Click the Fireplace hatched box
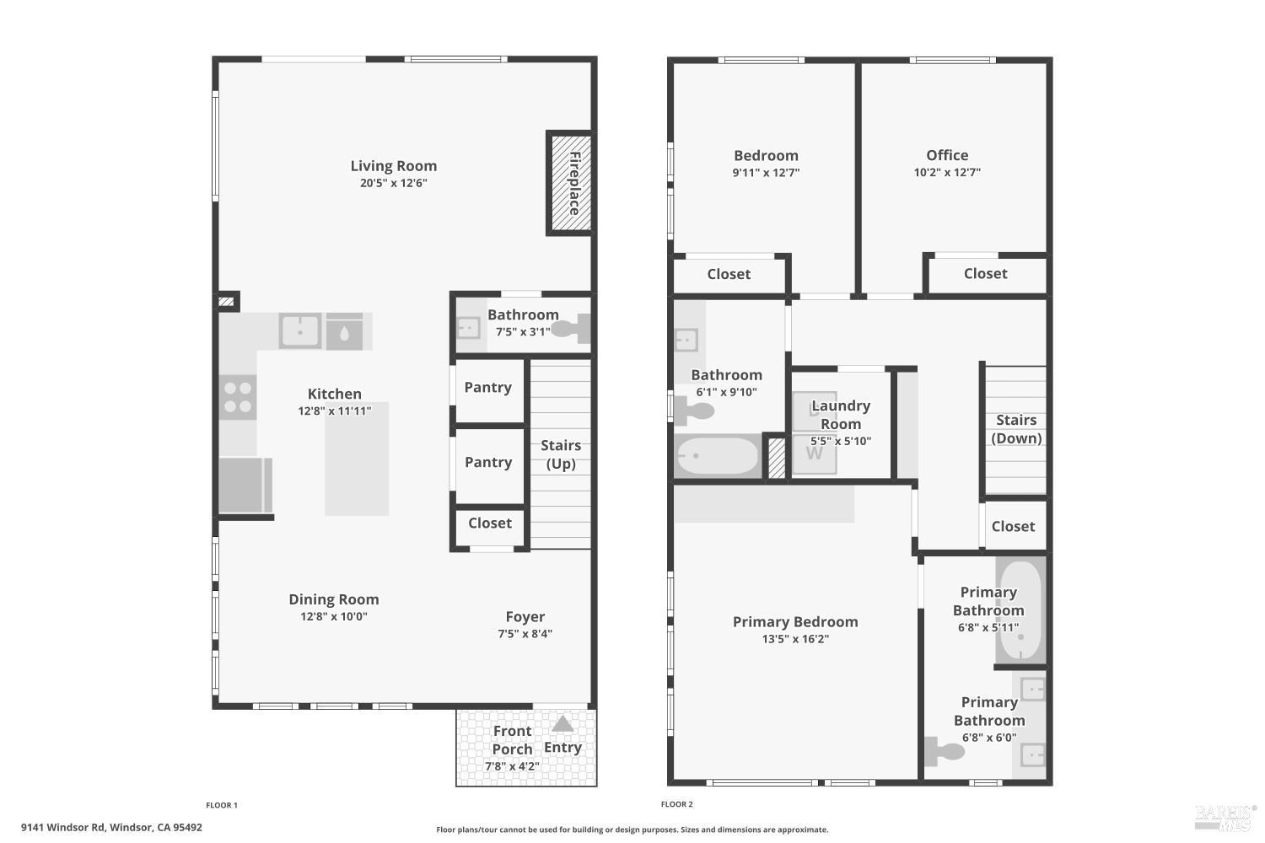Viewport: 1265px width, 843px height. pos(570,183)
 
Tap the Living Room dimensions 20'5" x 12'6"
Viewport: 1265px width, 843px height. pos(394,183)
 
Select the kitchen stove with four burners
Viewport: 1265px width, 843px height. pos(238,398)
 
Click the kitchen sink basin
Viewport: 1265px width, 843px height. pos(300,330)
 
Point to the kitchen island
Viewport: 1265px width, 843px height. pos(357,459)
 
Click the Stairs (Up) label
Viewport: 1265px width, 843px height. pos(561,454)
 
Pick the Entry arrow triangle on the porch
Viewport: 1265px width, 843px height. pos(563,724)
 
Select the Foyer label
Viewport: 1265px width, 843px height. pos(525,616)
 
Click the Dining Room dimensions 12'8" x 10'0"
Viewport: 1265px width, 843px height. pos(334,616)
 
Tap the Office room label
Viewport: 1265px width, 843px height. pos(947,155)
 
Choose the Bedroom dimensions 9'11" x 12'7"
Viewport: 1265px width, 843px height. pos(766,173)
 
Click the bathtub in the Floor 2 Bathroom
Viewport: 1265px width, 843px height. pos(718,456)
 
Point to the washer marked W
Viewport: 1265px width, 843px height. pos(815,454)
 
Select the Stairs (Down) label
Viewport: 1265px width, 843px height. pos(1016,429)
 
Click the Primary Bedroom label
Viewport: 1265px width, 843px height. pos(795,621)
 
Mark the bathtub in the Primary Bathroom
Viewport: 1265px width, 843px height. pos(1020,609)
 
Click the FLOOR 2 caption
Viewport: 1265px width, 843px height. pos(676,804)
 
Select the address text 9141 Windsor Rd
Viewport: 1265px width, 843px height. pos(62,827)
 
